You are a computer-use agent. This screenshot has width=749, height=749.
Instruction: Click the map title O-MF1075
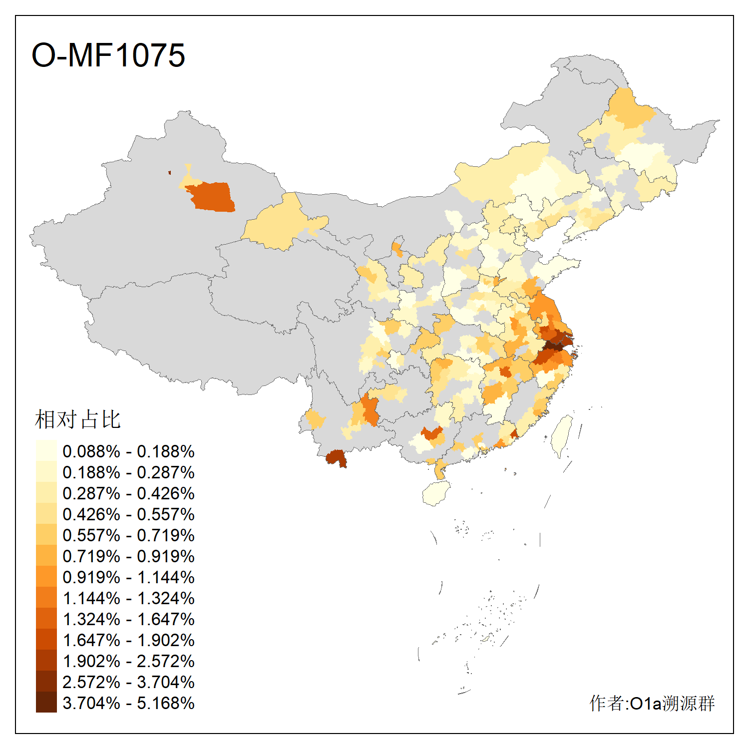click(108, 55)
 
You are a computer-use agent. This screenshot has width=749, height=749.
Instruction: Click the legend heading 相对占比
click(77, 419)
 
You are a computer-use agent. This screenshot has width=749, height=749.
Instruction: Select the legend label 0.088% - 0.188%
click(128, 451)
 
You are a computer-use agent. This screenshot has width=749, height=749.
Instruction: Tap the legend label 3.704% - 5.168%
click(128, 703)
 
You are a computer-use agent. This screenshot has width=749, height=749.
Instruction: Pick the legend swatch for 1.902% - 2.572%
click(46, 661)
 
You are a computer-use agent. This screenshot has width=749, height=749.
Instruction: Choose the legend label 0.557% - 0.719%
click(128, 535)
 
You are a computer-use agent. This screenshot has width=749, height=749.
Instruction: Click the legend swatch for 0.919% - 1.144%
click(46, 577)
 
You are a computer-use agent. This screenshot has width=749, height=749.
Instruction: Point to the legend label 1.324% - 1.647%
click(128, 619)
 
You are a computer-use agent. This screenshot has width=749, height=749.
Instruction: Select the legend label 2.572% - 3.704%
click(128, 682)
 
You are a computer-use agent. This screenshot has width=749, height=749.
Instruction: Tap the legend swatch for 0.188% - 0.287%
click(46, 472)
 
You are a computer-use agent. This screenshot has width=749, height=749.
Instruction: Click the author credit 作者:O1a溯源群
click(652, 703)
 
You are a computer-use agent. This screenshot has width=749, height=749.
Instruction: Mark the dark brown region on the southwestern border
click(336, 457)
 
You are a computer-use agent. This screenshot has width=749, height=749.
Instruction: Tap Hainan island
click(436, 493)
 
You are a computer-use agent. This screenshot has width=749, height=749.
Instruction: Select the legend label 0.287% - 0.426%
click(128, 493)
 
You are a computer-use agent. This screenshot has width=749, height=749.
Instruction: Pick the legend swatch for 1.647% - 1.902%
click(46, 640)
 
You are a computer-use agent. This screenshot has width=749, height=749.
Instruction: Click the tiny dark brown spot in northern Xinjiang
click(170, 173)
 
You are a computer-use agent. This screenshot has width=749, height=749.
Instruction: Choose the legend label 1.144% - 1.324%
click(128, 598)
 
